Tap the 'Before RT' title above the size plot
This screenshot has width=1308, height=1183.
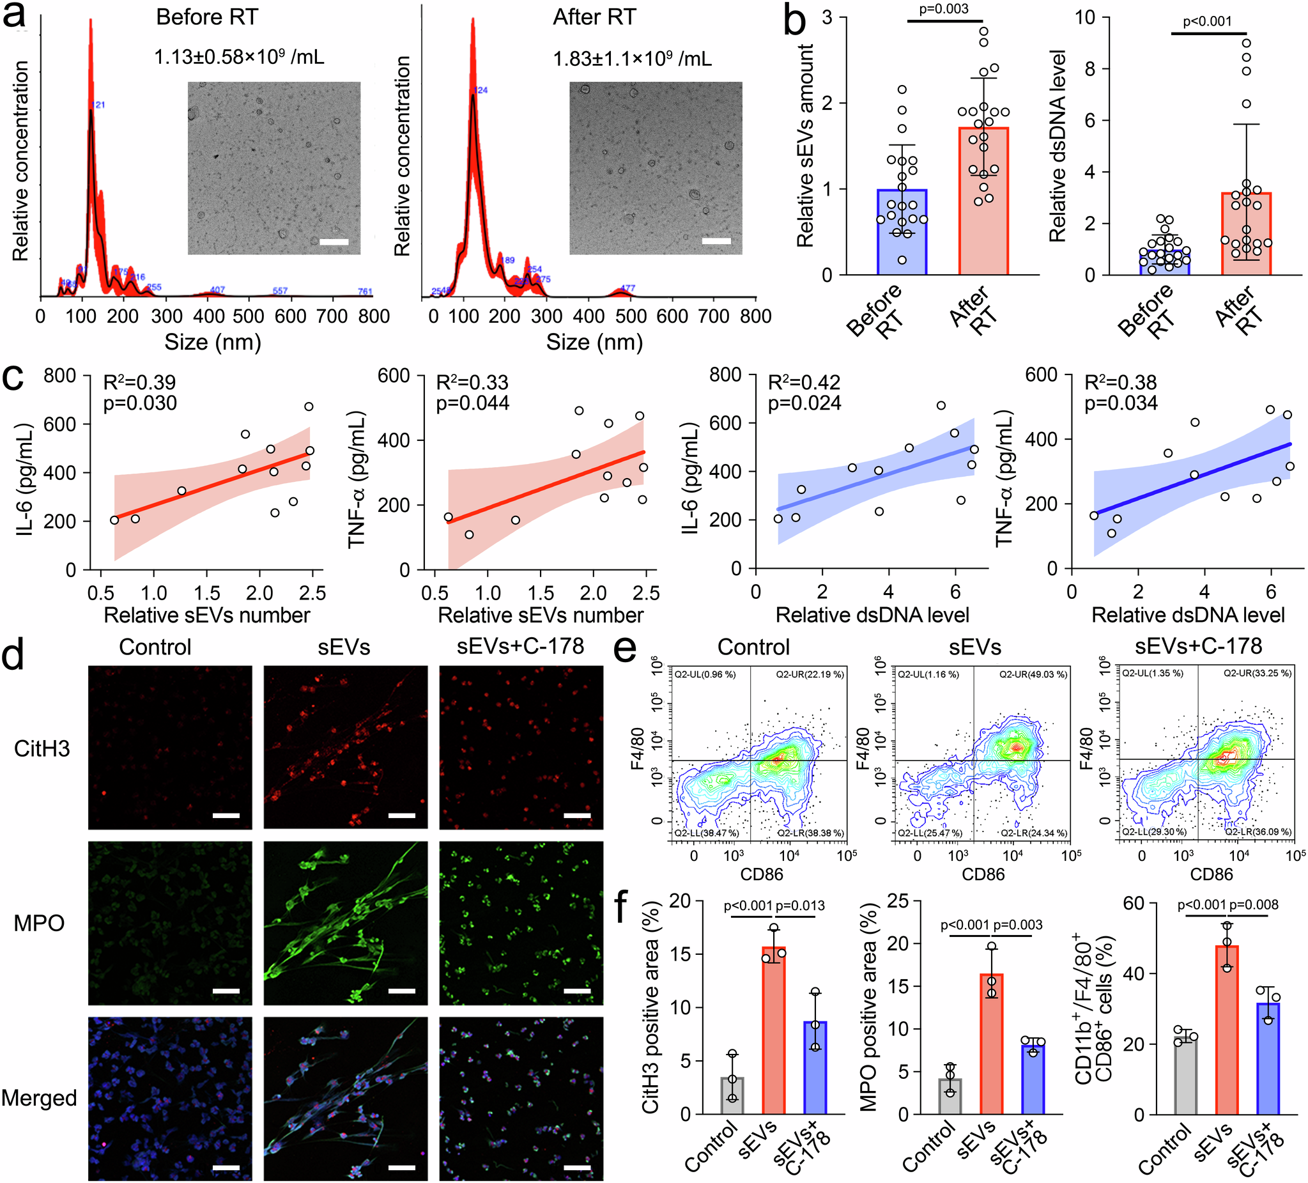coord(207,17)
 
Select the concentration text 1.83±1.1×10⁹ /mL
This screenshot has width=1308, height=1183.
coord(632,59)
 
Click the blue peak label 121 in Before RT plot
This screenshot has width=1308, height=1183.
coord(98,104)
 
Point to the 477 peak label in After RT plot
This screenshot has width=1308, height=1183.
coord(627,288)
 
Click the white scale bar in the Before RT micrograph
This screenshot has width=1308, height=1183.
coord(334,242)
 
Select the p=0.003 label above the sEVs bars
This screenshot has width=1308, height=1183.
coord(944,9)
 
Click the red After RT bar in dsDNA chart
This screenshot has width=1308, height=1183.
coord(1245,234)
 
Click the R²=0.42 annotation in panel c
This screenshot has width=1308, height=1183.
coord(804,383)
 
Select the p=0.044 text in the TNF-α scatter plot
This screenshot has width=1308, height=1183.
coord(472,404)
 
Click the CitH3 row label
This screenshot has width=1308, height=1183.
coord(42,749)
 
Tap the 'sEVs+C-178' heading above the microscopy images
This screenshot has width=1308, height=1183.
coord(520,646)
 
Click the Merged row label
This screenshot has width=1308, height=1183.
coord(39,1098)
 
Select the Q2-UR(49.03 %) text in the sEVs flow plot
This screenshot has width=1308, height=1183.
coord(1033,675)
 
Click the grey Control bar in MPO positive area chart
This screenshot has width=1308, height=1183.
coord(950,1096)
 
